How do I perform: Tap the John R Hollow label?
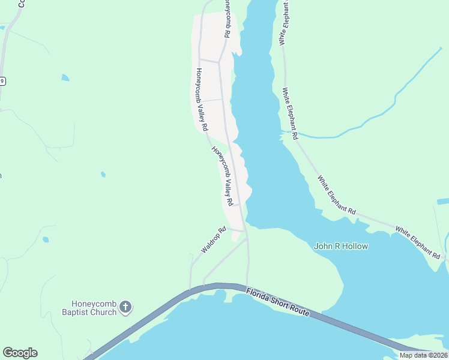[341, 246]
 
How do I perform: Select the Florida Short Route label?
[277, 302]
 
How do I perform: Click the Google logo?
[20, 353]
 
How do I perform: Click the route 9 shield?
[2, 81]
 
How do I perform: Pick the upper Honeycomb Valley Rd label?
[201, 100]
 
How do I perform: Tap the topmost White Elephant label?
[283, 23]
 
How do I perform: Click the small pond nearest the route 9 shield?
[65, 77]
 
